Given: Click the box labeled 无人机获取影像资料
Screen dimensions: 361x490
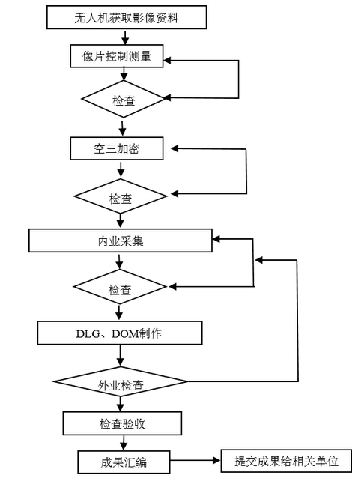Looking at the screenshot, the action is coord(127,17).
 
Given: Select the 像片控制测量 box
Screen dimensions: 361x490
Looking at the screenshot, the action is coord(117,56).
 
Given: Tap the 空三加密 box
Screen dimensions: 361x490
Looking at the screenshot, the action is coord(117,148).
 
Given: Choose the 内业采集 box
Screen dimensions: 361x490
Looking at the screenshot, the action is coord(121,241).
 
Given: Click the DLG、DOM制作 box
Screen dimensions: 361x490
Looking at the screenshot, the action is coord(120,333).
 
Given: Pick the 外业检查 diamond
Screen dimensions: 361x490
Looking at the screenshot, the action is coord(121,381).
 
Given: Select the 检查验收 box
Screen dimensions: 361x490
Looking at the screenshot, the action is coord(122,423).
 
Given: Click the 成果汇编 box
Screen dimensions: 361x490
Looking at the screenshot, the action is coord(124,462).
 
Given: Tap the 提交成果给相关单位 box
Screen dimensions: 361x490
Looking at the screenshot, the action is coord(286,461).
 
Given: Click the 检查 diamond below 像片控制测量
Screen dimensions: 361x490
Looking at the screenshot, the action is coord(124,99).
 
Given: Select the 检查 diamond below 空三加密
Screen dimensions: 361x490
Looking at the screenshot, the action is coord(121,196).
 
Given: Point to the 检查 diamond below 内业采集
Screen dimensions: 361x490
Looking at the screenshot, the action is coord(120,287).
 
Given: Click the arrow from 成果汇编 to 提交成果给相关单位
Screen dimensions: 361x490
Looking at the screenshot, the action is coord(195,460).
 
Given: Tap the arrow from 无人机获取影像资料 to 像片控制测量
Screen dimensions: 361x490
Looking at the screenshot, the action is coord(125,37).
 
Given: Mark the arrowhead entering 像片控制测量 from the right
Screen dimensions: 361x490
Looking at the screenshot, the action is coord(167,60).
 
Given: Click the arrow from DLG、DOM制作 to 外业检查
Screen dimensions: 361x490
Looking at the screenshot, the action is coord(121,356).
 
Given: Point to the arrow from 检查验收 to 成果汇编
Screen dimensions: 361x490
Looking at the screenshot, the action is coord(124,443).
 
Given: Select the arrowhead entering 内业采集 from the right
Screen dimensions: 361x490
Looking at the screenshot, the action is coord(216,239).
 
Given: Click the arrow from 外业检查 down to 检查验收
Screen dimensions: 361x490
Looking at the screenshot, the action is coord(121,404).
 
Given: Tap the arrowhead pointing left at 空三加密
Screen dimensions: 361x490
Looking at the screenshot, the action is coord(175,148).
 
